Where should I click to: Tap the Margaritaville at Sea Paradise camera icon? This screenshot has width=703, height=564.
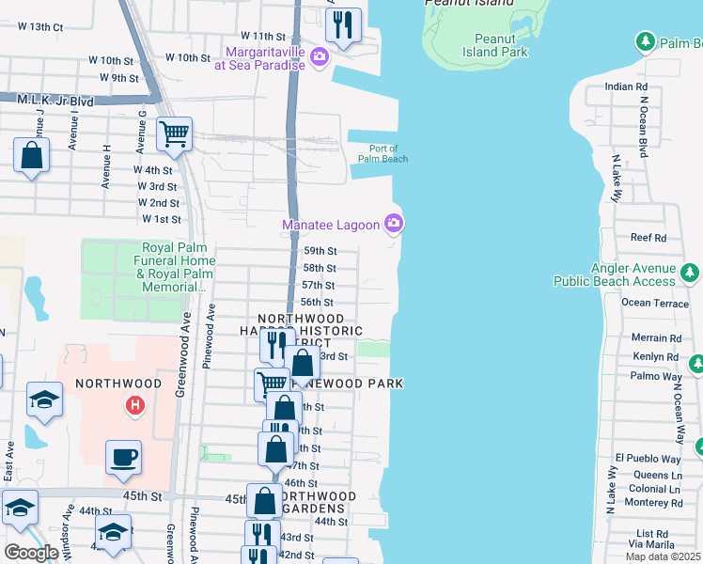(x=320, y=58)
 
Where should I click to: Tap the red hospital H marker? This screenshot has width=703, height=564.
(x=135, y=405)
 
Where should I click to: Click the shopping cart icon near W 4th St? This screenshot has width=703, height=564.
(x=174, y=134)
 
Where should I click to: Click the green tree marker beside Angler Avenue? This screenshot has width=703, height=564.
(x=690, y=274)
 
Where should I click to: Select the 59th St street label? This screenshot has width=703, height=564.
(x=320, y=251)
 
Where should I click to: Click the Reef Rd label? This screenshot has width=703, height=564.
(x=648, y=238)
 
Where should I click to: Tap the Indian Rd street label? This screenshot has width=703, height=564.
(x=621, y=86)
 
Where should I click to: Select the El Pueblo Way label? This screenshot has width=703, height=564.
(x=648, y=459)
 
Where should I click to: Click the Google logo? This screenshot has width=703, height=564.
(x=31, y=553)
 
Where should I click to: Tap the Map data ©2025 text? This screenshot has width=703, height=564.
(x=663, y=556)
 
